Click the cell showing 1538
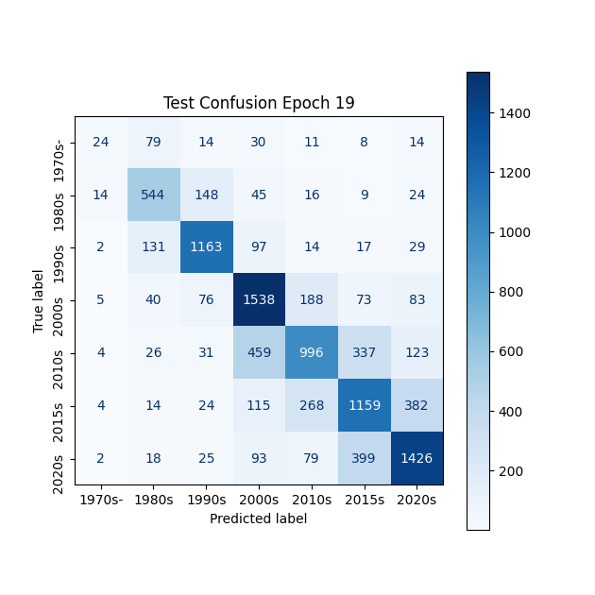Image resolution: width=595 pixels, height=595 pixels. point(259,300)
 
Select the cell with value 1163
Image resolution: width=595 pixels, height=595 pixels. point(207,247)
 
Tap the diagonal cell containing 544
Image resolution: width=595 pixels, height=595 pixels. point(154,195)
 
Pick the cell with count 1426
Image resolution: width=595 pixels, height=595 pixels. point(416,458)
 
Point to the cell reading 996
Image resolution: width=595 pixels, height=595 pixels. point(312,353)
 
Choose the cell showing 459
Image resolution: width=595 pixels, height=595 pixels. point(259,353)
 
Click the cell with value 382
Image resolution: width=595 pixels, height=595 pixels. point(416,405)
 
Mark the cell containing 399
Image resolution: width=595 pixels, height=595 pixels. point(364,458)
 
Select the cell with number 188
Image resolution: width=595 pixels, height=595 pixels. point(312,300)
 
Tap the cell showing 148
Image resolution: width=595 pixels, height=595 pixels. point(207,195)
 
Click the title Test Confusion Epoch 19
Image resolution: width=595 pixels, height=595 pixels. point(259,103)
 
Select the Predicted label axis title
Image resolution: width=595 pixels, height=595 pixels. point(259,518)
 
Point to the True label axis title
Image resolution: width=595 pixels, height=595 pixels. point(39,300)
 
